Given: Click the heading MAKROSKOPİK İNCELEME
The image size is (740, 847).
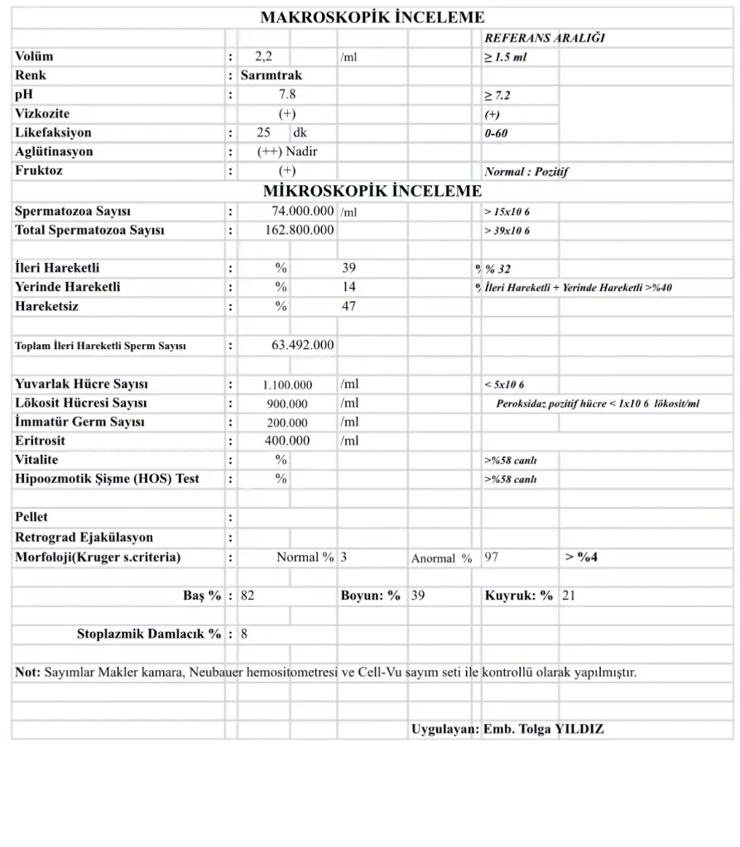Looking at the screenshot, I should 372,17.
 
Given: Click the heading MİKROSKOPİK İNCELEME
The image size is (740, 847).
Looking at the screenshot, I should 372,191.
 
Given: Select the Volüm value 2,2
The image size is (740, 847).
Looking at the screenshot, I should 264,57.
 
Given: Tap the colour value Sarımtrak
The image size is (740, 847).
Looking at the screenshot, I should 271,75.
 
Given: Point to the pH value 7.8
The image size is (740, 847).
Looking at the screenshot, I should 287,94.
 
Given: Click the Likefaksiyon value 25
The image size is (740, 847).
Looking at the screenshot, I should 264,132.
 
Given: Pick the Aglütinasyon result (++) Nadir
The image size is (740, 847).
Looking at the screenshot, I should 287,151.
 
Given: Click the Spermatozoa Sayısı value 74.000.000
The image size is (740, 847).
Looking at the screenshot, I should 303,212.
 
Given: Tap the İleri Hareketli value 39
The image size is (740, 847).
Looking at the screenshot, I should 348,268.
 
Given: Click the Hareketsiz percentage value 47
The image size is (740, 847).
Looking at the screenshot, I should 348,306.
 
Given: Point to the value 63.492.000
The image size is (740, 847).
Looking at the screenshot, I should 303,345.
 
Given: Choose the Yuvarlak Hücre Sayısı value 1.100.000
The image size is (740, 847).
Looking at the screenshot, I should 287,385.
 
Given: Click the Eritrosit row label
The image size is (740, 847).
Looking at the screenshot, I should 40,441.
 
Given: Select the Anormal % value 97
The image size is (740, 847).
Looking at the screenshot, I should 492,557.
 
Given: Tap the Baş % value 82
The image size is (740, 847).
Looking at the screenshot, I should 247,596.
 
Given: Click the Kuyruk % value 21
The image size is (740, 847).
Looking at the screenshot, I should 568,596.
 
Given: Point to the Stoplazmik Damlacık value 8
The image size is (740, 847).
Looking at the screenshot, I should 243,634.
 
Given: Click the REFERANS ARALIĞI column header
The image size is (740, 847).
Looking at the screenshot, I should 545,39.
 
